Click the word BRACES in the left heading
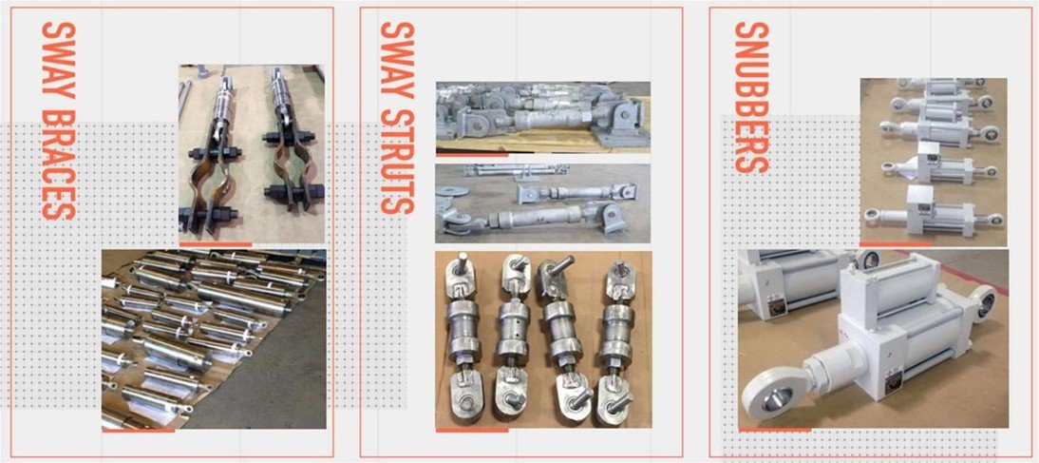coord(58,164)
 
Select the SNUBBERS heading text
coord(751,98)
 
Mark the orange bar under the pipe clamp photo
coord(216,244)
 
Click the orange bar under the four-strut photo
coord(472,430)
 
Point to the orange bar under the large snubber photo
coord(774,430)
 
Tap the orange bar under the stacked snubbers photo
coord(896,244)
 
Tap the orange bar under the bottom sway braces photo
coord(138,431)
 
